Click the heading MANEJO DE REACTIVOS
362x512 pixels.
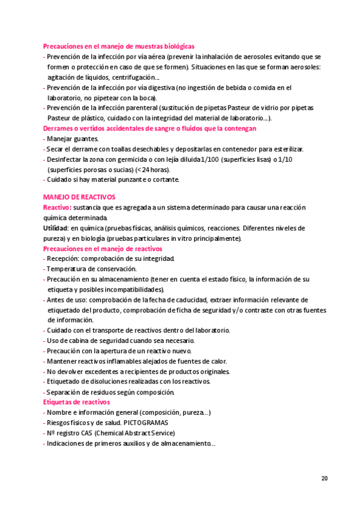tap(79, 197)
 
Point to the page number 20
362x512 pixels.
tap(325, 478)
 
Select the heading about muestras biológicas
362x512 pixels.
tap(118, 46)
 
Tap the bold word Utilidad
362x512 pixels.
tap(55, 228)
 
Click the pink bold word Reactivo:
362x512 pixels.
tap(57, 207)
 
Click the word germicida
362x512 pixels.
tap(123, 159)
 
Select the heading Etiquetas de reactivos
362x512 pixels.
tap(76, 402)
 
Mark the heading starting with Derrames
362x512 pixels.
tap(150, 129)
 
